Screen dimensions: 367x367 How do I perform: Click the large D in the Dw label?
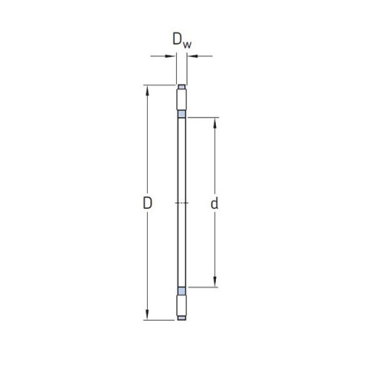(x=177, y=39)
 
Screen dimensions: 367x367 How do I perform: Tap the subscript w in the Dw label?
(x=187, y=45)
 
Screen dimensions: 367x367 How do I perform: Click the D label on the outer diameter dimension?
(x=148, y=203)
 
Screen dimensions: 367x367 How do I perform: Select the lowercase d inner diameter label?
(x=214, y=203)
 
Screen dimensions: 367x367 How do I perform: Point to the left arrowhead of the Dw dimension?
(x=171, y=56)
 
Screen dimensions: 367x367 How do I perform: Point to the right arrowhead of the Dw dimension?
(x=192, y=56)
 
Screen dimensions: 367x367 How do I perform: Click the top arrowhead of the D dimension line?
(x=147, y=91)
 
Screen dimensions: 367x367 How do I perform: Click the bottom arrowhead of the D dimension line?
(x=147, y=314)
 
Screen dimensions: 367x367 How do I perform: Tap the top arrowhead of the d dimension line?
(x=215, y=123)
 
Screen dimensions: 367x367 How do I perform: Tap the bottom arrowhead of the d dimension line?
(x=215, y=282)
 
